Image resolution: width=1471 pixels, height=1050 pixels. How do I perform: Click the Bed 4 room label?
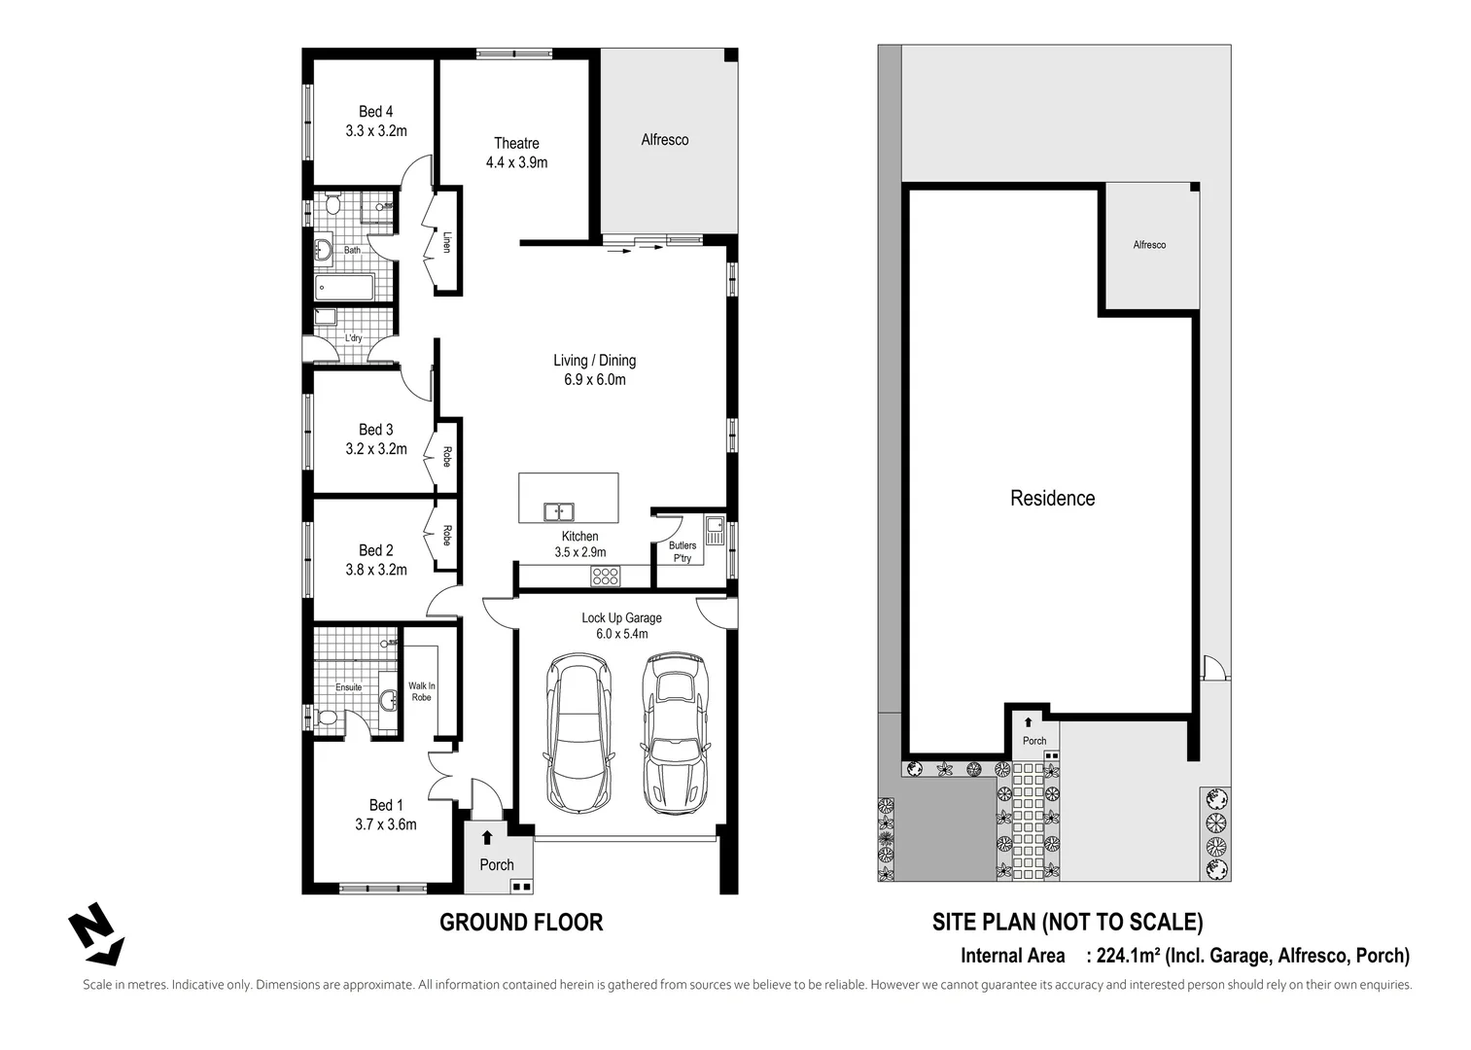[375, 112]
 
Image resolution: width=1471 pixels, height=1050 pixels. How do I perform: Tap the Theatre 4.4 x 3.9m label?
[516, 153]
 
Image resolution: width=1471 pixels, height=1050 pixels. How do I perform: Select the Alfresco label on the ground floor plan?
[664, 140]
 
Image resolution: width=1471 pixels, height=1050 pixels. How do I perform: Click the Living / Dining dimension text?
[594, 380]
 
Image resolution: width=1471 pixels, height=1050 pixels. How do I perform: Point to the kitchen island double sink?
[558, 511]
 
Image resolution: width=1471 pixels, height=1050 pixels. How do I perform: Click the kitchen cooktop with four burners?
[605, 577]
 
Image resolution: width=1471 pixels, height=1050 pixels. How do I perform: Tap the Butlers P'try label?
[682, 552]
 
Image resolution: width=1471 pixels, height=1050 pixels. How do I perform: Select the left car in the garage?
[579, 732]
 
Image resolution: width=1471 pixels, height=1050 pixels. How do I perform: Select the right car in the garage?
[672, 732]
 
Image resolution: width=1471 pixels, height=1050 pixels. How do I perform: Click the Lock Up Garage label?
[621, 618]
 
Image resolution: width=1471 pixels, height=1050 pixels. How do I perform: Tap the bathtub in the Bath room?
[344, 287]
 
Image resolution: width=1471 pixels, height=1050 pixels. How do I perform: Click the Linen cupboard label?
[447, 242]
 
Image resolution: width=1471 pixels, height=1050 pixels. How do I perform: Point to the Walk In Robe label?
[421, 691]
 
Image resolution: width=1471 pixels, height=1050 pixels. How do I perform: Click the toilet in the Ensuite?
[329, 718]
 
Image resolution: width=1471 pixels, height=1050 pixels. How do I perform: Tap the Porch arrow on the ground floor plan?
[487, 837]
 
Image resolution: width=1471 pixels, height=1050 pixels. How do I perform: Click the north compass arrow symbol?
[95, 936]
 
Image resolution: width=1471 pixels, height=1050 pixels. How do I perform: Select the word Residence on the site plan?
[1052, 499]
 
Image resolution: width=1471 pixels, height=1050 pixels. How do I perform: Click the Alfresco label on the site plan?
[1149, 245]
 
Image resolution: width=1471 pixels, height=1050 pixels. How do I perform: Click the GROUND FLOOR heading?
[521, 923]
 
